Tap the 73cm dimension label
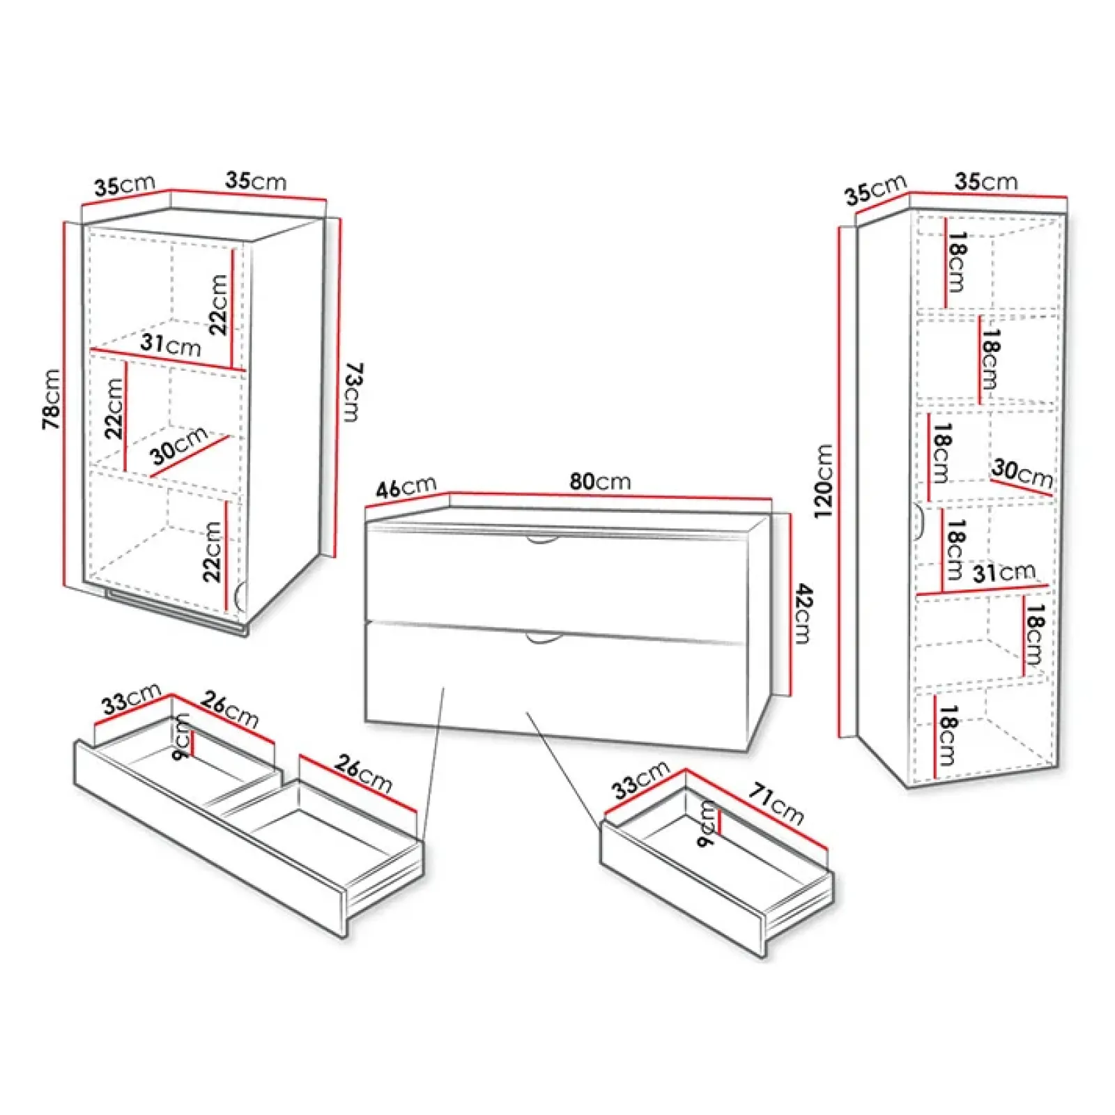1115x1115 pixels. pyautogui.click(x=353, y=392)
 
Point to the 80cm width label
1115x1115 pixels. pyautogui.click(x=600, y=481)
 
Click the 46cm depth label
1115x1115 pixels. pyautogui.click(x=406, y=486)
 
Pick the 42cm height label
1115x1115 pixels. pyautogui.click(x=803, y=613)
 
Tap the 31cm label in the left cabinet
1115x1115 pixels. pyautogui.click(x=171, y=344)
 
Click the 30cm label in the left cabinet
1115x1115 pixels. pyautogui.click(x=179, y=445)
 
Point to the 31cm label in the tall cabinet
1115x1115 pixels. pyautogui.click(x=1003, y=573)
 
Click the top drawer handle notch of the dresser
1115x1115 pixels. pyautogui.click(x=542, y=539)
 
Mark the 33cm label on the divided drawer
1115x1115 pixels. pyautogui.click(x=131, y=698)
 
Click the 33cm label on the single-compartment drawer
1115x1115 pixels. pyautogui.click(x=640, y=779)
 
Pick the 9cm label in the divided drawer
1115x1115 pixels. pyautogui.click(x=181, y=737)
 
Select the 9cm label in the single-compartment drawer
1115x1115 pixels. pyautogui.click(x=707, y=823)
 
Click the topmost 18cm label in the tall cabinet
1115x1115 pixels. pyautogui.click(x=958, y=262)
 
